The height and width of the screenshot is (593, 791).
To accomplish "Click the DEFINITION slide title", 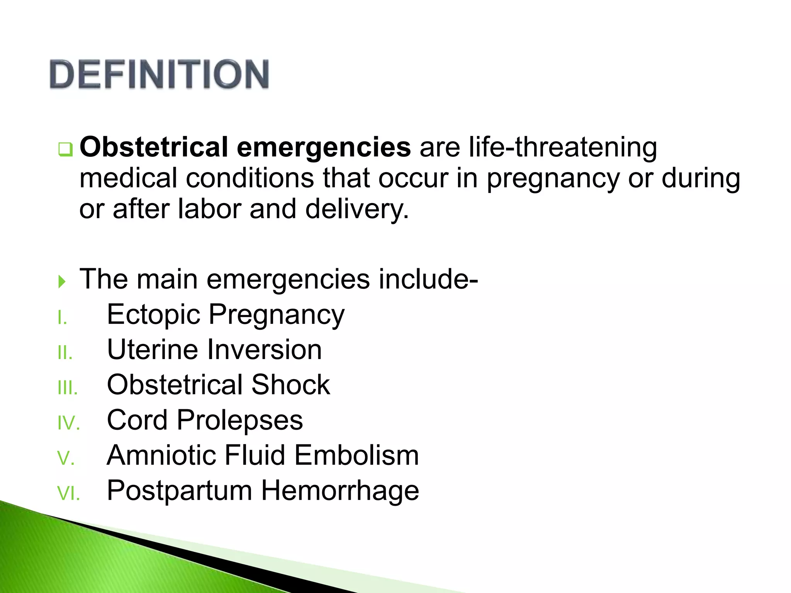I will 159,74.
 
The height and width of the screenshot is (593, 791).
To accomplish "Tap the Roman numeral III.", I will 68,388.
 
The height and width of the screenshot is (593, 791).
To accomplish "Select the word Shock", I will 291,385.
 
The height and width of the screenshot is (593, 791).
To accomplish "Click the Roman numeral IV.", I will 68,424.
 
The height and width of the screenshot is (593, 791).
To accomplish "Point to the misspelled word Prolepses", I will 240,420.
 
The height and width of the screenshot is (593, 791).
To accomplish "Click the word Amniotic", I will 161,456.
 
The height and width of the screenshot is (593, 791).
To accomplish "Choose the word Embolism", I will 356,456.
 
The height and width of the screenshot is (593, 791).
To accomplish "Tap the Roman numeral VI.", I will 68,494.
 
